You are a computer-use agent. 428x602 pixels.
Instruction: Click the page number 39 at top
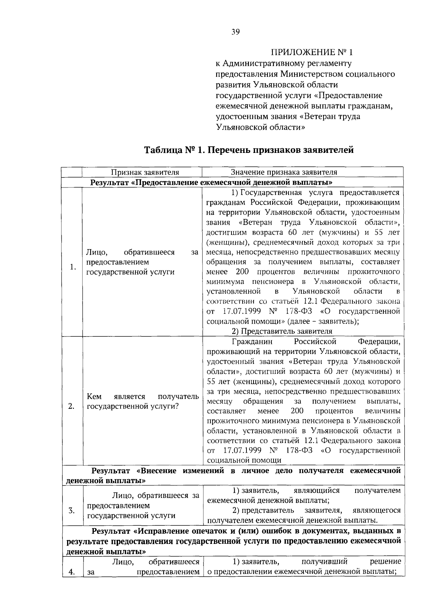pyautogui.click(x=235, y=32)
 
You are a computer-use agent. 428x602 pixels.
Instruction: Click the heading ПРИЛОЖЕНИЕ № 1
pyautogui.click(x=312, y=53)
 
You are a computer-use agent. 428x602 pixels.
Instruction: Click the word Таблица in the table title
pyautogui.click(x=163, y=150)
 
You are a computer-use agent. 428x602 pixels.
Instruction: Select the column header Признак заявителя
pyautogui.click(x=145, y=172)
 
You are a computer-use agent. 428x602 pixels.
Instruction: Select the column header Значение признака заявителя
pyautogui.click(x=284, y=172)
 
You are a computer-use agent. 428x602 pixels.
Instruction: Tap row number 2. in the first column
pyautogui.click(x=71, y=406)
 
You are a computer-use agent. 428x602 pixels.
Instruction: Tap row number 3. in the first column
pyautogui.click(x=71, y=510)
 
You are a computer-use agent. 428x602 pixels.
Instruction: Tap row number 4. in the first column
pyautogui.click(x=71, y=572)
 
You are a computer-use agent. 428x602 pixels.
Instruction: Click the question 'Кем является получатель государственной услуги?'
pyautogui.click(x=143, y=401)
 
